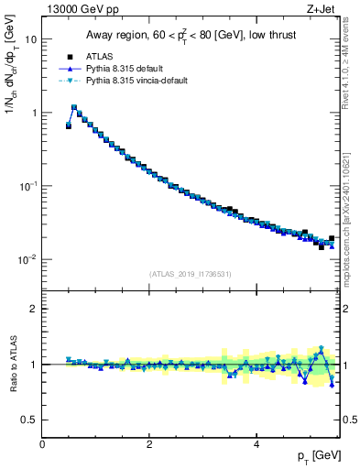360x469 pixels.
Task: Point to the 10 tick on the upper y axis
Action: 31,40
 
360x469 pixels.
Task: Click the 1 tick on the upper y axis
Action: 33,113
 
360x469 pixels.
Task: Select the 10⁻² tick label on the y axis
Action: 27,259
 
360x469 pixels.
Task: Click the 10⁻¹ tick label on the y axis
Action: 27,186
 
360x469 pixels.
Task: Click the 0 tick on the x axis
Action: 42,444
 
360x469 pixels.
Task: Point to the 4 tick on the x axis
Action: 256,444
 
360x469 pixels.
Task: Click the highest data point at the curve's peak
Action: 74,107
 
